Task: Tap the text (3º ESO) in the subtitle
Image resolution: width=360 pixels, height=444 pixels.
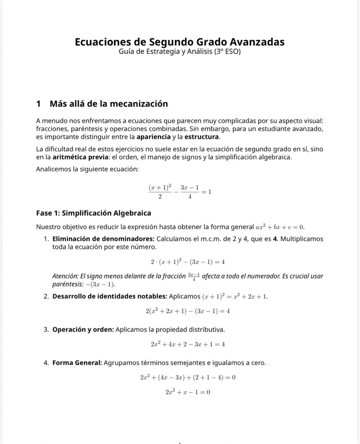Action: point(227,51)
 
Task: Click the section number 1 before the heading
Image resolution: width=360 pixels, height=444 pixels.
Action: point(39,104)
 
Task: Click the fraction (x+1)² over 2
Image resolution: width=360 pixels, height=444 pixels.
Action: point(160,192)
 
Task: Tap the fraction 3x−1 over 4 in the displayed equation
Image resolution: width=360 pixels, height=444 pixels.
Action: point(190,192)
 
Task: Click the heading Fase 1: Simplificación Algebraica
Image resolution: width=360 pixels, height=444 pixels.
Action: point(94,213)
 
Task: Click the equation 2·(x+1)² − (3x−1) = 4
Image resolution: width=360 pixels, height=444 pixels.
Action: point(188,262)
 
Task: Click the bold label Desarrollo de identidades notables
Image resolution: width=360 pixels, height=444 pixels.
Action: point(110,296)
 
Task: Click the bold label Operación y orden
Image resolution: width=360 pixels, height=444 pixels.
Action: point(84,330)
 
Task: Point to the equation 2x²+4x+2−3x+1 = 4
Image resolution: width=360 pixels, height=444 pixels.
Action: point(188,344)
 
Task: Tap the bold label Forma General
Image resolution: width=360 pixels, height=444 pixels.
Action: point(77,363)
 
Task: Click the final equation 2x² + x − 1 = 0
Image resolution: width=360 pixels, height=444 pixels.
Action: point(188,392)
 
